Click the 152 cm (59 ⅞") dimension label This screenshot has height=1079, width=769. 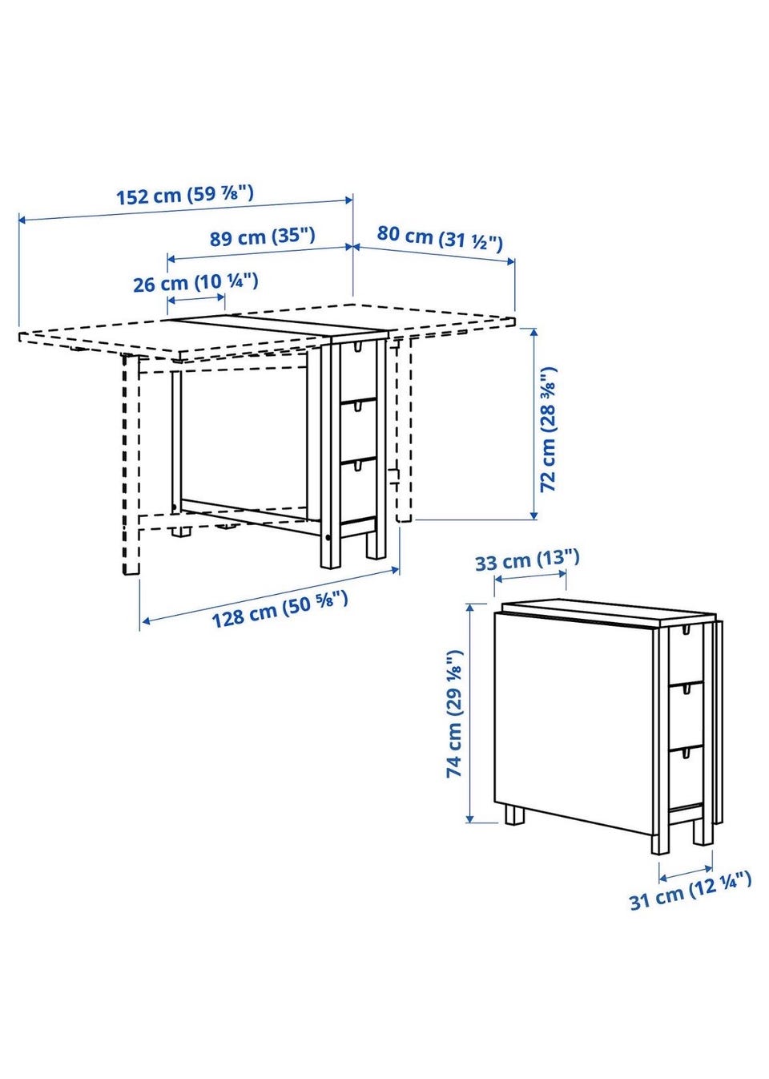(185, 195)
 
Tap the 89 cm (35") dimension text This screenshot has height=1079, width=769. (262, 237)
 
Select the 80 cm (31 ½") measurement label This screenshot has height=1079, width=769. (439, 238)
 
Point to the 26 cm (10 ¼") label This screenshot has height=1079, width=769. (196, 282)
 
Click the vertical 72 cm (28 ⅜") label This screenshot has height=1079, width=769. (548, 429)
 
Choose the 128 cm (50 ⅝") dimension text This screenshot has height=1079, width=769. (280, 609)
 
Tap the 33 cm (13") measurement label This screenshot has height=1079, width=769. (527, 560)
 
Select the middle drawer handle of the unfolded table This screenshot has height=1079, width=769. (357, 407)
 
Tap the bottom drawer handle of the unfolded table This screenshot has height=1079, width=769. (357, 465)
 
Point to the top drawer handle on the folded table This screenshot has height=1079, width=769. (686, 629)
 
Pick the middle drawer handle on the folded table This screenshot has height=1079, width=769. (686, 690)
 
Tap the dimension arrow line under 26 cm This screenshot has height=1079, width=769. (196, 299)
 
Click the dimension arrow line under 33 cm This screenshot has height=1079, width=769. (530, 576)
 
